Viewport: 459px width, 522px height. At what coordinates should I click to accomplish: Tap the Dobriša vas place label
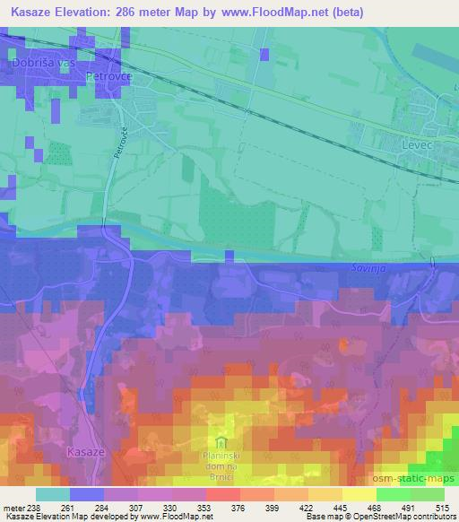[41, 65]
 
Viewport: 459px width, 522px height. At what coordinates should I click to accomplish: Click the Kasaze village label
[86, 452]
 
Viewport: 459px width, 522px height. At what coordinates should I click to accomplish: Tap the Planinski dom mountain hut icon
[221, 440]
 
